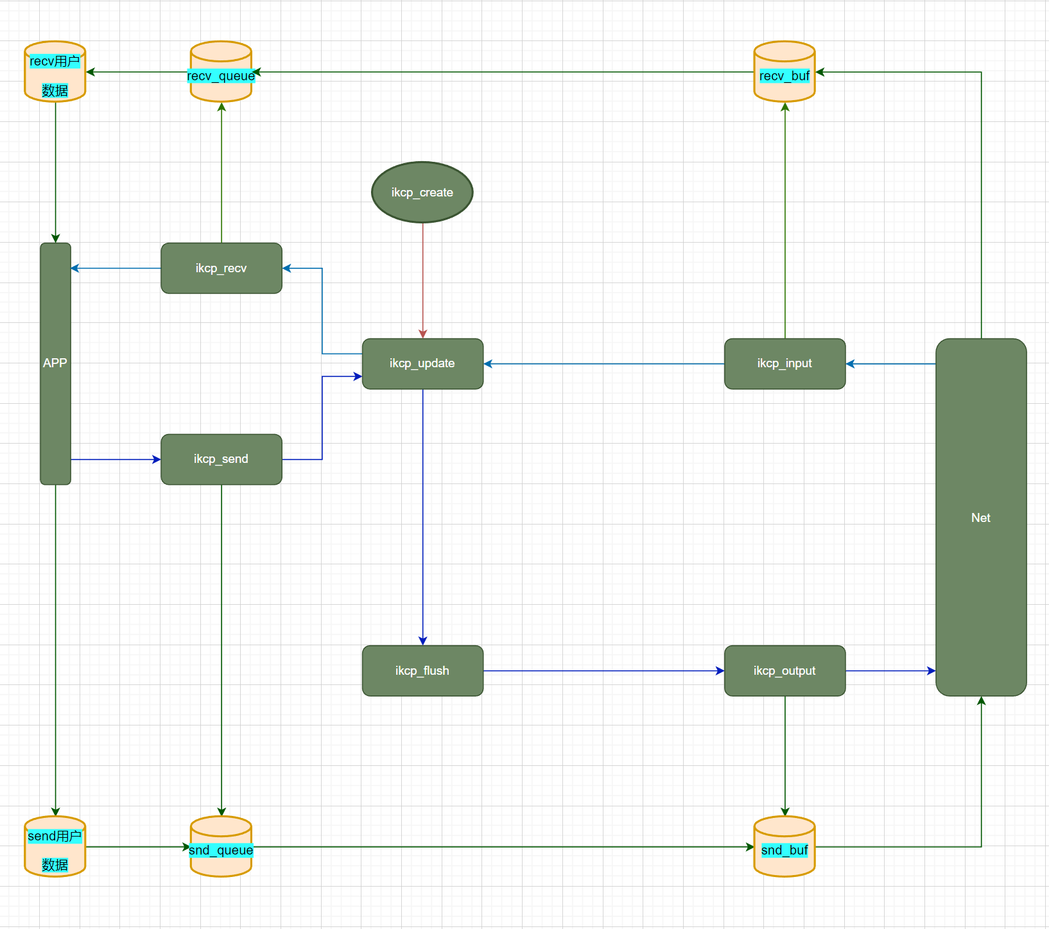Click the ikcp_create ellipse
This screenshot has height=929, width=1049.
click(422, 192)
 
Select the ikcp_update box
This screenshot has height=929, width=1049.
click(422, 363)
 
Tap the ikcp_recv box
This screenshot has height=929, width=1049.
click(221, 268)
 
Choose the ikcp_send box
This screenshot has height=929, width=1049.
click(221, 459)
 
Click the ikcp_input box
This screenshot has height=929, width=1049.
click(785, 363)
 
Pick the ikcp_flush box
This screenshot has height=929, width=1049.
click(422, 670)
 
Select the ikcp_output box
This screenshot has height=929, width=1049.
click(785, 670)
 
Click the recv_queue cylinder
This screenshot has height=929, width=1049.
click(221, 72)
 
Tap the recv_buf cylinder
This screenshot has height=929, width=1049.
click(785, 72)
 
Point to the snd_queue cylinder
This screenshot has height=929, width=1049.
click(221, 846)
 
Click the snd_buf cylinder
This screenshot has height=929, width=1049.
click(785, 846)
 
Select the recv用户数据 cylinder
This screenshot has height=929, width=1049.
click(55, 72)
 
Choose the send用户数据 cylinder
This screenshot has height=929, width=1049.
click(55, 846)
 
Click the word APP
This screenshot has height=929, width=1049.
click(55, 363)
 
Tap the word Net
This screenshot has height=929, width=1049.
click(980, 517)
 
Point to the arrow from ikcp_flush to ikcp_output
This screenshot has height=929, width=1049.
click(603, 670)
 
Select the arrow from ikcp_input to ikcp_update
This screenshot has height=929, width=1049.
click(603, 363)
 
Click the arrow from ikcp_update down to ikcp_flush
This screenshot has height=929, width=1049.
click(422, 514)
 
